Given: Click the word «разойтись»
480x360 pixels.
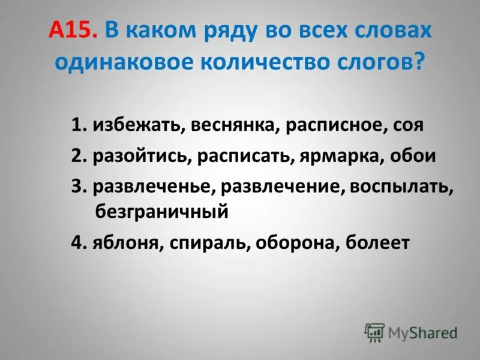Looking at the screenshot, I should (138, 156).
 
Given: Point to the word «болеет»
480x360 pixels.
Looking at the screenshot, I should (377, 243).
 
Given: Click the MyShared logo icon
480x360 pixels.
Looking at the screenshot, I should (374, 331).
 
